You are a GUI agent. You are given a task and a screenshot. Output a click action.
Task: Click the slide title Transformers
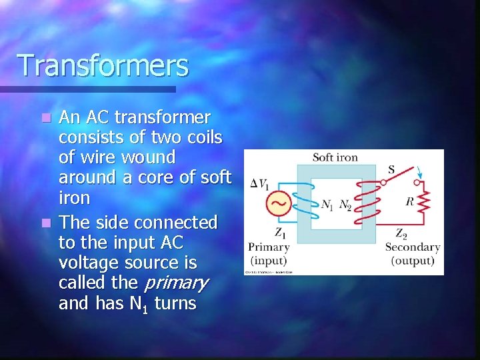103,65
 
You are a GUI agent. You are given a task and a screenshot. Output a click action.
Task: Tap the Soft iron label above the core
335,158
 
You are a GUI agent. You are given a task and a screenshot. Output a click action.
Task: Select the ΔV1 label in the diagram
259,184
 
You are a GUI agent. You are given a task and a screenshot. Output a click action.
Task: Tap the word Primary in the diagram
269,247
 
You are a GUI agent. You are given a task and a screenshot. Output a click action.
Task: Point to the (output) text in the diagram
413,260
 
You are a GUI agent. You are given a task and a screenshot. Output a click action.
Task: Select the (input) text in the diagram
269,260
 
